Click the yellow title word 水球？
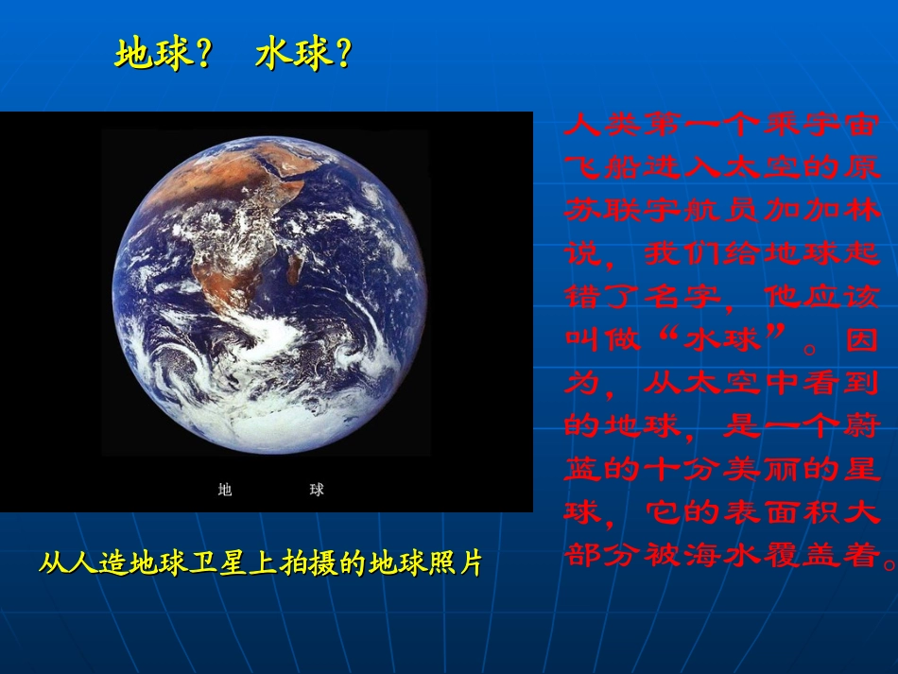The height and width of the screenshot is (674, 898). pyautogui.click(x=303, y=56)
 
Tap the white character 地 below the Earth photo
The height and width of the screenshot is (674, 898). pyautogui.click(x=225, y=490)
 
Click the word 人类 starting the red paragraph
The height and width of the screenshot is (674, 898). pyautogui.click(x=602, y=124)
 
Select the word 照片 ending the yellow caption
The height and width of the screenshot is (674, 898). pyautogui.click(x=457, y=564)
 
